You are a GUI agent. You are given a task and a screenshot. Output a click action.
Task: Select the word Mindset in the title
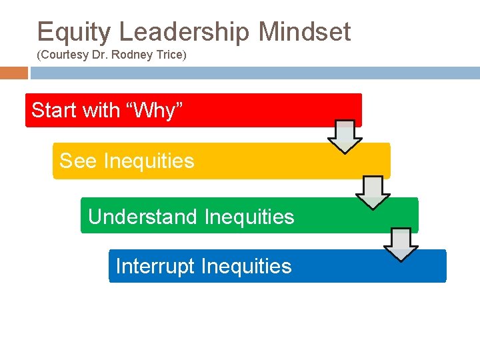tap(305, 32)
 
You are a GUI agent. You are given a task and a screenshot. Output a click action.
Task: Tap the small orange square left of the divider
tap(14, 73)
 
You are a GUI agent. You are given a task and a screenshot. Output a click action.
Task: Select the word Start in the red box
tap(54, 110)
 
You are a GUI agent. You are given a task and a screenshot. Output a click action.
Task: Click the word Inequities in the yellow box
tap(149, 161)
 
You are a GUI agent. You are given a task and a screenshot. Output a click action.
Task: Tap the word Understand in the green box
tap(143, 217)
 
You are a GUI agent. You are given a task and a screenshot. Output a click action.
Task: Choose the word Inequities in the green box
tap(249, 217)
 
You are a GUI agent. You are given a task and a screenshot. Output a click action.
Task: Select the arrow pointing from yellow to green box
tap(373, 192)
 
